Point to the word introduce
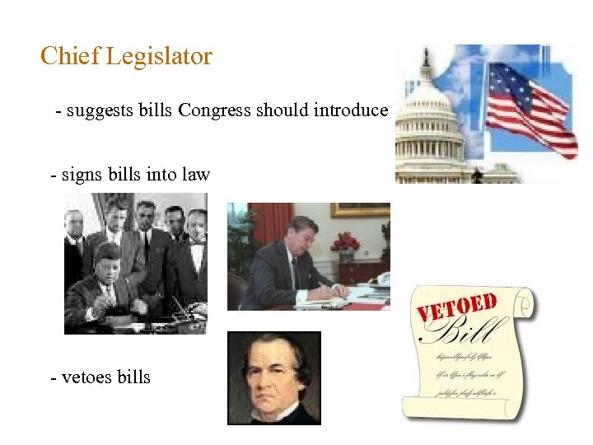tap(350, 110)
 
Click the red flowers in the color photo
tap(345, 242)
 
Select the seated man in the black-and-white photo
tap(103, 284)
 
